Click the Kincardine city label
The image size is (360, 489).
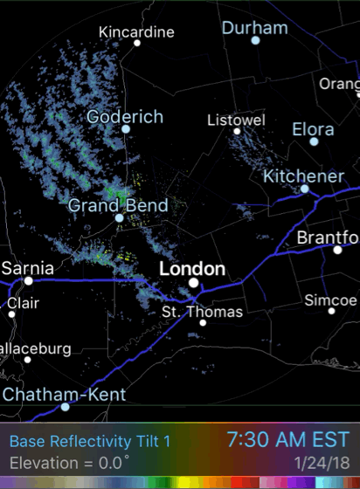point(136,32)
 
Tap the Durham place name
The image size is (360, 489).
point(254,28)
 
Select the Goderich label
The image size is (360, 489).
point(125,116)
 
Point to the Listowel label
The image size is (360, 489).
point(236,120)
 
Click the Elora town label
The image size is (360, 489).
point(313,130)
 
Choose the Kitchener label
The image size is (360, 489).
point(304,176)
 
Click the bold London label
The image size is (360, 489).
point(192,268)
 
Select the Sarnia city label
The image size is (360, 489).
point(28,267)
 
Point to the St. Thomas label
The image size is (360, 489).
point(203,311)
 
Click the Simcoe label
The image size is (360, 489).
point(330,300)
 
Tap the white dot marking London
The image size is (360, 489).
point(193,282)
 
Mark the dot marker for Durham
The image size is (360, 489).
point(255,40)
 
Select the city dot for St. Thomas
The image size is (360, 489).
point(203,322)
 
